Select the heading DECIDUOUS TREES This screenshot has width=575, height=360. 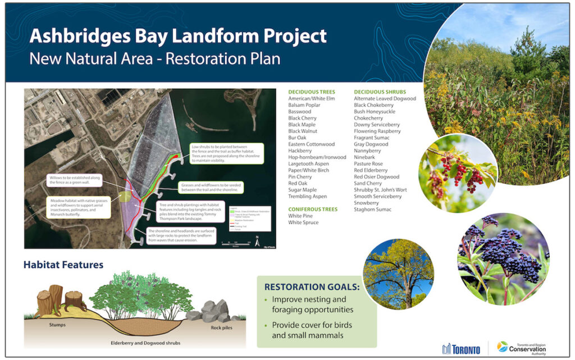click(x=311, y=92)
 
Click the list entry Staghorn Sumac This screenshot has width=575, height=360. click(x=373, y=209)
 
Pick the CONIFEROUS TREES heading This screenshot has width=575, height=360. click(x=313, y=209)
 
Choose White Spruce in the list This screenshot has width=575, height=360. click(x=304, y=222)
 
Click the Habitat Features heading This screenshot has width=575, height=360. click(x=63, y=265)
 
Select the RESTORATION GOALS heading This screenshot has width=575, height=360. click(x=313, y=286)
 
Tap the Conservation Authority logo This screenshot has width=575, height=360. click(x=522, y=347)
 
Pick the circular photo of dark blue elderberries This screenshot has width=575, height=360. click(x=503, y=259)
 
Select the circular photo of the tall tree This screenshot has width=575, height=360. click(x=399, y=274)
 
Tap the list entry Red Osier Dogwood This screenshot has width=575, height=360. click(x=377, y=177)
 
